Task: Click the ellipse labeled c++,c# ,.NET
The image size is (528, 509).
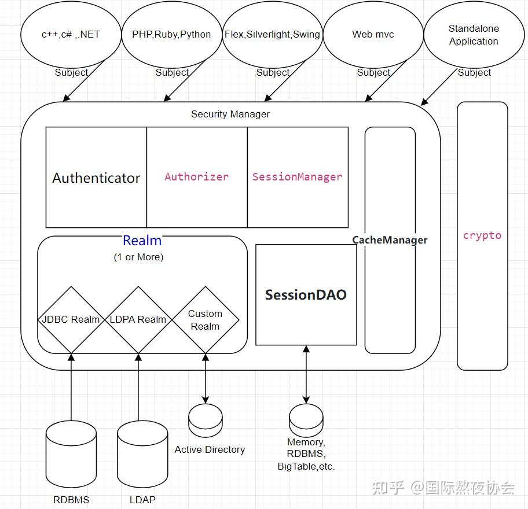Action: click(x=71, y=34)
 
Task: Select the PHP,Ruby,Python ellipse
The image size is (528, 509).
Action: click(x=171, y=34)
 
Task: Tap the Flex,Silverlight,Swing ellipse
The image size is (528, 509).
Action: click(x=272, y=34)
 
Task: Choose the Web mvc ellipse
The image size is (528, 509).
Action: click(x=373, y=34)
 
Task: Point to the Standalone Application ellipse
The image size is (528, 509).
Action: click(x=474, y=35)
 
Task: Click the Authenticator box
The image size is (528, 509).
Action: click(x=96, y=178)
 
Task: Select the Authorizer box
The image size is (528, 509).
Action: click(x=197, y=177)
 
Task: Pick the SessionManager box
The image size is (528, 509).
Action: click(x=298, y=177)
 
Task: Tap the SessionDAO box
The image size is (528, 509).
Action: click(x=306, y=294)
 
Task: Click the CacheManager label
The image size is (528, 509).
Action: click(x=390, y=239)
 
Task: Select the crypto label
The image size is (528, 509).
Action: click(x=482, y=235)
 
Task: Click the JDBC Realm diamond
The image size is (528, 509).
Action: click(x=71, y=319)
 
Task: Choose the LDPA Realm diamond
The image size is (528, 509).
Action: click(x=138, y=319)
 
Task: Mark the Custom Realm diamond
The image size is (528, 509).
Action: click(x=206, y=319)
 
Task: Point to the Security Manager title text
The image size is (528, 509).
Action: click(x=230, y=114)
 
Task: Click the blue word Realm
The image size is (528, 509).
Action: click(x=142, y=241)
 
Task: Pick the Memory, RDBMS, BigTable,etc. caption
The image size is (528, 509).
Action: click(x=306, y=454)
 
